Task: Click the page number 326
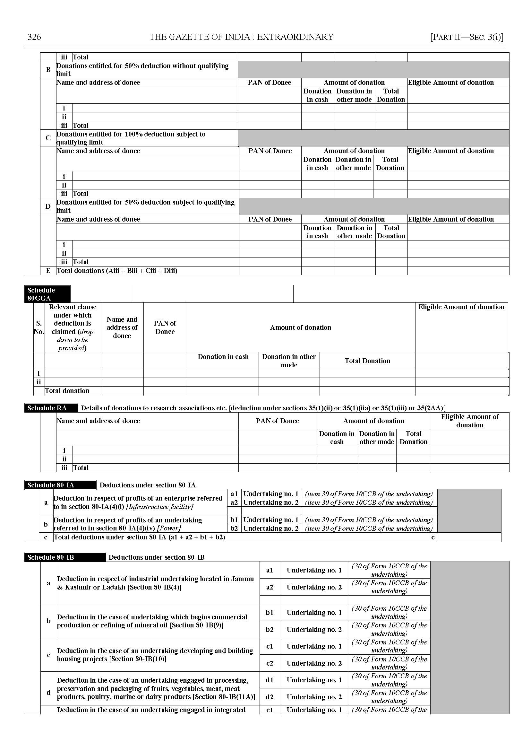click(x=34, y=37)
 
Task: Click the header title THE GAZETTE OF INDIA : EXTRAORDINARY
click(x=241, y=37)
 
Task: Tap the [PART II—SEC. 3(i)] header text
click(x=467, y=37)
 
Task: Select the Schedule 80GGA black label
click(x=47, y=294)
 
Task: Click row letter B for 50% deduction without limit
click(x=48, y=70)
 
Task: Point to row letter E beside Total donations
click(x=48, y=271)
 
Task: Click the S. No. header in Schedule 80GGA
click(x=39, y=327)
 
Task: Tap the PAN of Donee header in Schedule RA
click(x=277, y=421)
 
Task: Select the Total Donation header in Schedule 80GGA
click(x=367, y=361)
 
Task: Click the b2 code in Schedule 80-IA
click(x=234, y=528)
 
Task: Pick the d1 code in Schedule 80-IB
click(x=270, y=680)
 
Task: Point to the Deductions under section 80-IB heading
click(x=156, y=557)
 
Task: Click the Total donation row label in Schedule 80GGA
click(x=67, y=391)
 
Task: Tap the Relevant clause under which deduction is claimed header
click(x=73, y=327)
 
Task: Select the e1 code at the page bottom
click(x=270, y=710)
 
